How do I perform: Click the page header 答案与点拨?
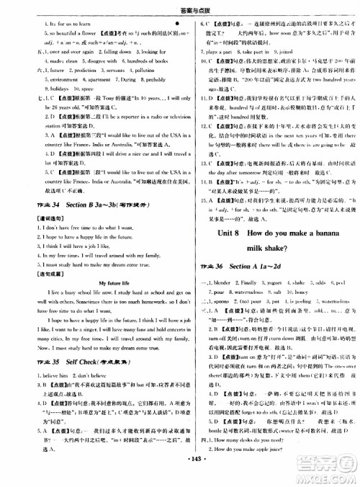180,9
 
